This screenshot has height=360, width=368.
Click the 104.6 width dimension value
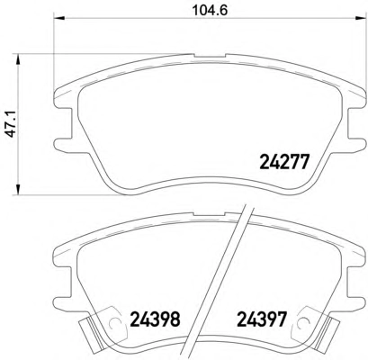(210, 11)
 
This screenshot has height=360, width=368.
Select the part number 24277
(283, 162)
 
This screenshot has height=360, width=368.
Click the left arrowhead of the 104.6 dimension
(58, 18)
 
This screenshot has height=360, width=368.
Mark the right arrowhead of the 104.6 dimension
(361, 18)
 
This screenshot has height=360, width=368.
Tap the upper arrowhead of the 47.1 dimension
(19, 59)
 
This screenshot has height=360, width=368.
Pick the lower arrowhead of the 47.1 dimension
(19, 190)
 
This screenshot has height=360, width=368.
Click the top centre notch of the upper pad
(210, 56)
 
